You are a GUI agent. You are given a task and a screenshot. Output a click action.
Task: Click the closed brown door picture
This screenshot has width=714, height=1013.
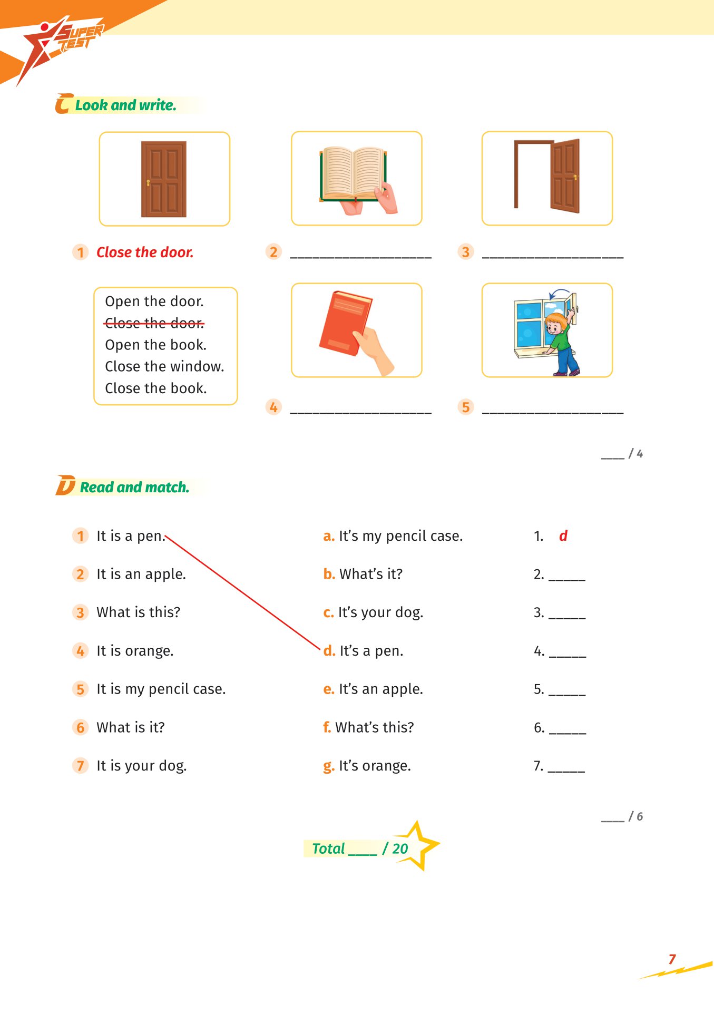[163, 179]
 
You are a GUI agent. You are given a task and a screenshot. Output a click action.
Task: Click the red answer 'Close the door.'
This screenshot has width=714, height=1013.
[145, 252]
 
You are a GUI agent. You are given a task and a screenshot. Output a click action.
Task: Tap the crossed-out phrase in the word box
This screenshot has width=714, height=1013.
[154, 323]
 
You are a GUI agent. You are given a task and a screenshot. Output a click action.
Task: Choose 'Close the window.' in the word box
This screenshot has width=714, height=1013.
[164, 366]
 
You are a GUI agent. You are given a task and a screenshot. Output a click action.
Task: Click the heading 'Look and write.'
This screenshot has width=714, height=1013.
[125, 105]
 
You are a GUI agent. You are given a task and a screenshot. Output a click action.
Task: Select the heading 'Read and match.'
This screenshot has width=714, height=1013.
[134, 488]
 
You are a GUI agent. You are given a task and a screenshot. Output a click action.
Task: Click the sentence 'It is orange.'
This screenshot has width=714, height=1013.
[135, 651]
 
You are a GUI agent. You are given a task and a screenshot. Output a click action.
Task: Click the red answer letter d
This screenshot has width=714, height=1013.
[563, 536]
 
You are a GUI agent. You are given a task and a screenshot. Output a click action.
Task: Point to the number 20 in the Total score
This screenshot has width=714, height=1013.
[400, 849]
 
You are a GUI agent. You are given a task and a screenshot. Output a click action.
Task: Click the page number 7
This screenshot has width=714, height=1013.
[672, 959]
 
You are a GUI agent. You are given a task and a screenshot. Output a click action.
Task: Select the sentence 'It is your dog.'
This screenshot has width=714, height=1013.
[141, 766]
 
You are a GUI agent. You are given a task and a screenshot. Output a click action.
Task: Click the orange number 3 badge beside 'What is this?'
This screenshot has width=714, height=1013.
[80, 612]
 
